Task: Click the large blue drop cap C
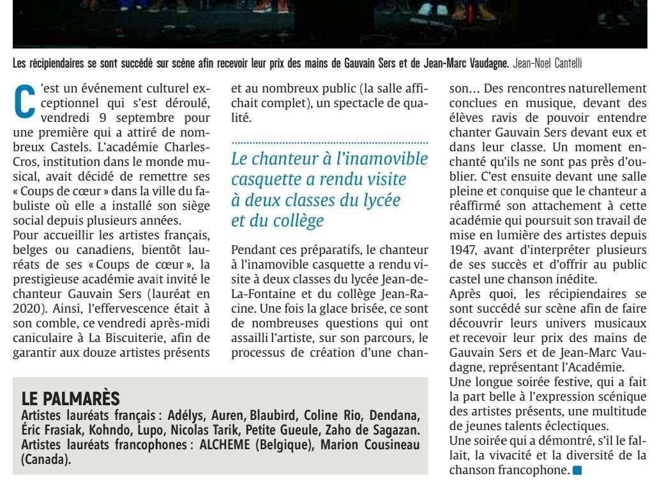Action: click(24, 101)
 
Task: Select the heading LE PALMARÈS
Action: click(71, 399)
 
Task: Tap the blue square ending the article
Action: click(577, 472)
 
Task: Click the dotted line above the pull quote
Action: click(329, 143)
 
